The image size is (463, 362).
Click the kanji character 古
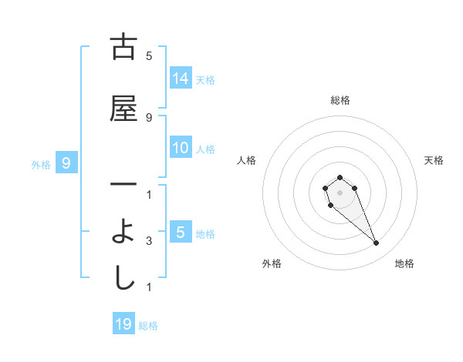(x=123, y=47)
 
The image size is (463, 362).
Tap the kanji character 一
(x=123, y=185)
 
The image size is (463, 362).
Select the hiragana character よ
(x=123, y=232)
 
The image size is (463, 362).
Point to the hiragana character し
(x=123, y=278)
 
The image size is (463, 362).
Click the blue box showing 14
(x=181, y=78)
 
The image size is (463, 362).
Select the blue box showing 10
(x=181, y=148)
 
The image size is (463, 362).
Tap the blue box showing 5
(x=181, y=232)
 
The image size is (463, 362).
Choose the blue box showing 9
(x=67, y=163)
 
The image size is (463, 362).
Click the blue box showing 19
(x=123, y=323)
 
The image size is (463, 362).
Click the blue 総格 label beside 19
(x=148, y=325)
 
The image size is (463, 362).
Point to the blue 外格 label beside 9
(x=41, y=164)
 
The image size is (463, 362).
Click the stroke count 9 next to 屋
(x=149, y=117)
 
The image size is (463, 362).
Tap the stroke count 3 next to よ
(x=149, y=241)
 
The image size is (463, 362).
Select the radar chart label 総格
(x=340, y=100)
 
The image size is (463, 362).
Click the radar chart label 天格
(x=434, y=160)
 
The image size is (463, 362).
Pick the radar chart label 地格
(x=404, y=263)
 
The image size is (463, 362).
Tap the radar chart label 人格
(x=246, y=160)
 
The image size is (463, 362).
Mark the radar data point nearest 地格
(x=377, y=243)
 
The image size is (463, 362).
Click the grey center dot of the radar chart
(x=340, y=192)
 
